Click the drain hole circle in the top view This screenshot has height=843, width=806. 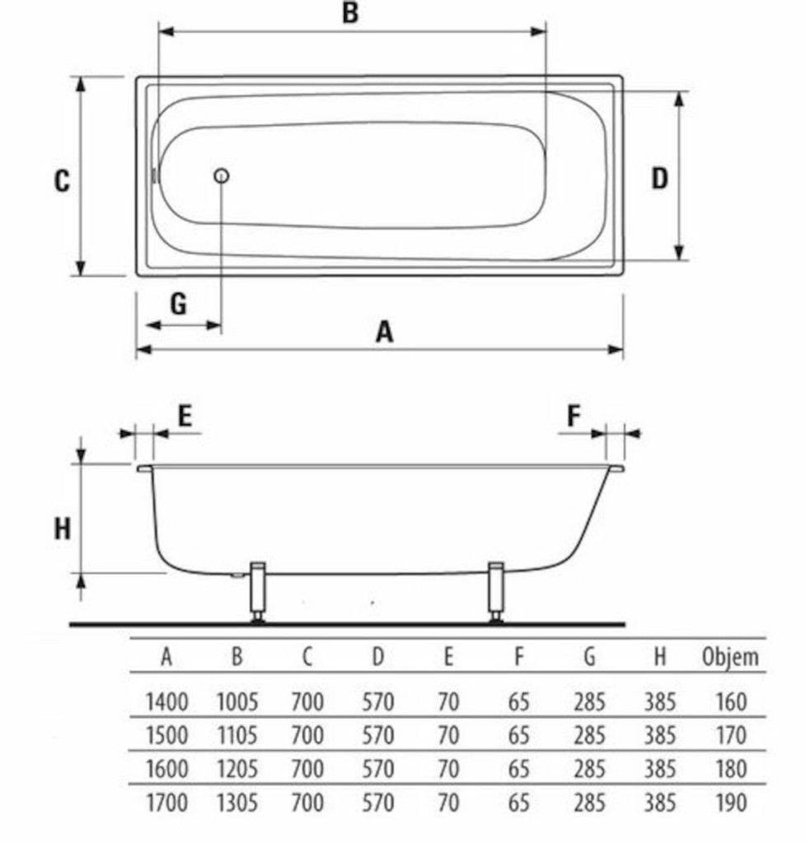point(221,175)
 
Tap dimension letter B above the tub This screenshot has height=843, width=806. point(350,13)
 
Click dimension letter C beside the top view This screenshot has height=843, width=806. point(62,180)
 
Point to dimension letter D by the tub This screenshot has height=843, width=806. point(659,178)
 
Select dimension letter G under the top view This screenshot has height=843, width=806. point(178,305)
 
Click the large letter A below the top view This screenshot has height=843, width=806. point(384,332)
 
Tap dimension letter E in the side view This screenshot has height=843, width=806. point(185,416)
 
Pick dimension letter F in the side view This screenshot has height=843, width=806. point(574,416)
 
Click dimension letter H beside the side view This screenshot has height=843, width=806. point(63,529)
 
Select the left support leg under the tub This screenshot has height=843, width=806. point(258,589)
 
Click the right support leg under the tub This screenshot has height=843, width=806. point(496,589)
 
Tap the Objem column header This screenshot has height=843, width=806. point(729,657)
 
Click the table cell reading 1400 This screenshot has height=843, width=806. point(166,702)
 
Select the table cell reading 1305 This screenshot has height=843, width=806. point(237,802)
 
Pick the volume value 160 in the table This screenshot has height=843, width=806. point(731,702)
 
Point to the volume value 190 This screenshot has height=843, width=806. point(731,802)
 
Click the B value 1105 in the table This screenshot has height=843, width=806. point(237,734)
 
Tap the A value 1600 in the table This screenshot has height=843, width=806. point(166,769)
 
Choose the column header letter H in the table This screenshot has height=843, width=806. point(659,657)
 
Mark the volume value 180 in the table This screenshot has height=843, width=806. point(731,769)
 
